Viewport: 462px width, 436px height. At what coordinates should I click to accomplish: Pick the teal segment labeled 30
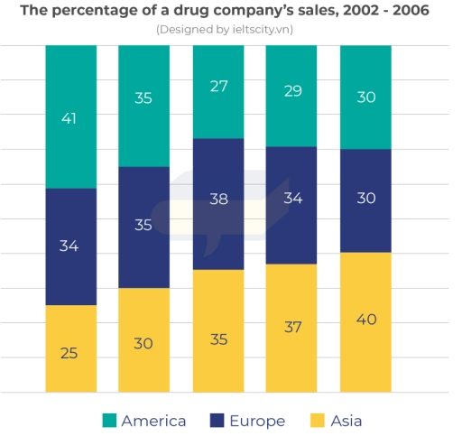(365, 97)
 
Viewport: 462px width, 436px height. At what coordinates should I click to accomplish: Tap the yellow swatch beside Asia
(315, 421)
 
